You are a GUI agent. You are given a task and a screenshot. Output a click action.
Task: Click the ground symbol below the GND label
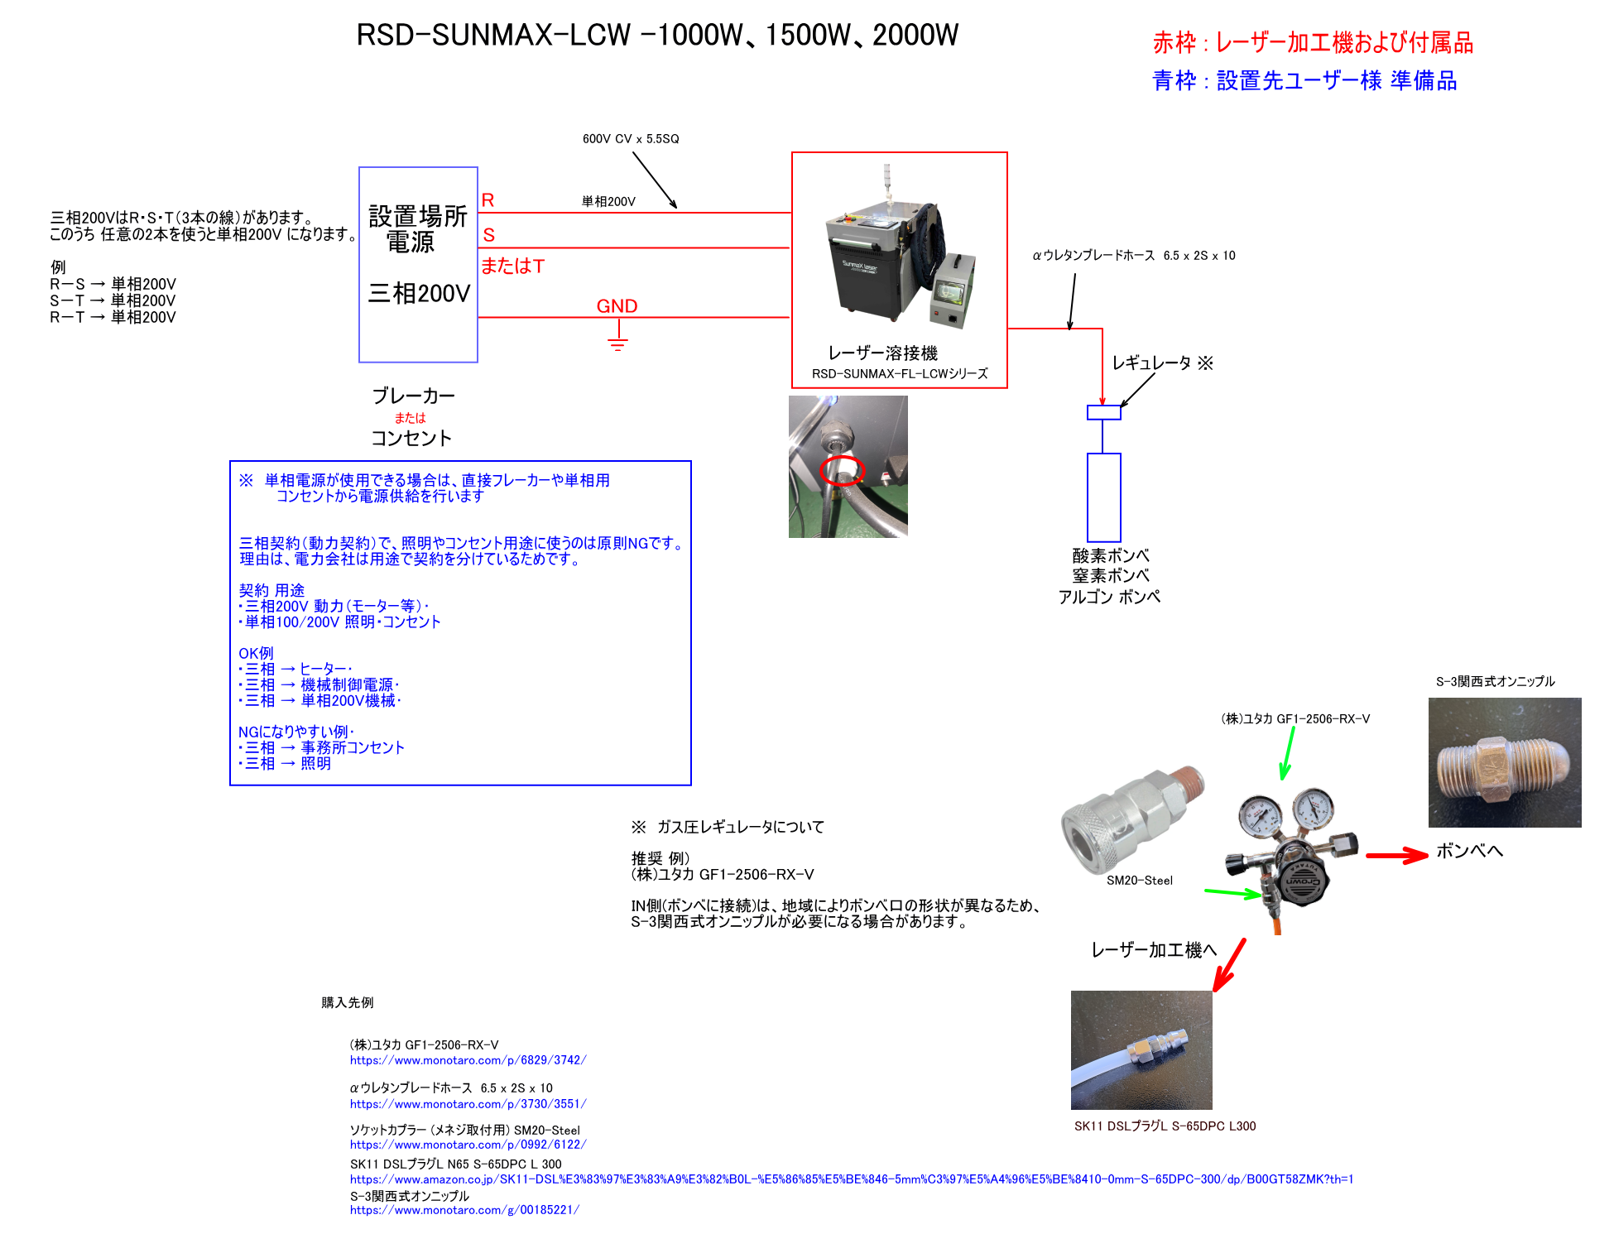point(617,340)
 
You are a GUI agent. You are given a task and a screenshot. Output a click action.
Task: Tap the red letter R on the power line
point(488,200)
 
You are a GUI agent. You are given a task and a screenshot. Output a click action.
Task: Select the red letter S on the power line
point(488,236)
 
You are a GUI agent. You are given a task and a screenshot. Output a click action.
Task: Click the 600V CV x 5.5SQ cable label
point(631,139)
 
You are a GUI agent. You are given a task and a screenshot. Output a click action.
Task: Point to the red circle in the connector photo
point(842,470)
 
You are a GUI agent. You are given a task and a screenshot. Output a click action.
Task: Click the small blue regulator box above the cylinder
point(1104,412)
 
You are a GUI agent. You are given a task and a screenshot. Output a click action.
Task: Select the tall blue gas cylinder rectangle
point(1104,497)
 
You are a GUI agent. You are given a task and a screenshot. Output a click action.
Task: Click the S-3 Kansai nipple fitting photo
point(1504,762)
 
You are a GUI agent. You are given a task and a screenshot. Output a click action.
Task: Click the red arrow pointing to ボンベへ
point(1396,855)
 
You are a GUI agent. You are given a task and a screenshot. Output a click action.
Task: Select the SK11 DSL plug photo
point(1141,1049)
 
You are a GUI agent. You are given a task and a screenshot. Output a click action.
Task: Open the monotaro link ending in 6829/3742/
point(468,1060)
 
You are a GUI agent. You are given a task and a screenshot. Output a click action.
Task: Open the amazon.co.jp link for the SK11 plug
point(851,1179)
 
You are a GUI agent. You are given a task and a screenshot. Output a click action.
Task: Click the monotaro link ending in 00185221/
point(464,1210)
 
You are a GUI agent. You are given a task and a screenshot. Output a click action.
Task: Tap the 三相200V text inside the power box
point(419,294)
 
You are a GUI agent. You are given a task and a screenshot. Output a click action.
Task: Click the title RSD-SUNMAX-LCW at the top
point(657,36)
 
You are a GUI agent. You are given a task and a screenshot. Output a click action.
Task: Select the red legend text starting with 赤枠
point(1313,43)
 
